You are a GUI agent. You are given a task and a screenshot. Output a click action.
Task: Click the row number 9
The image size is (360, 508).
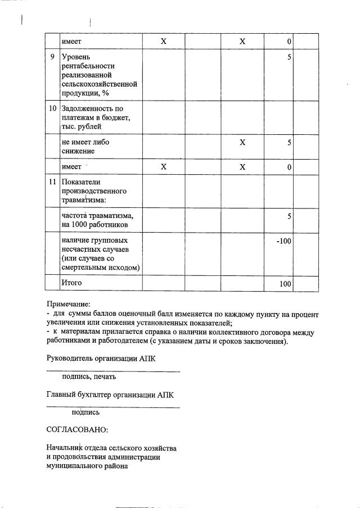tap(52, 57)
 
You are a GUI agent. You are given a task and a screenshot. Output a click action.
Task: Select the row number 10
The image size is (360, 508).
tap(52, 108)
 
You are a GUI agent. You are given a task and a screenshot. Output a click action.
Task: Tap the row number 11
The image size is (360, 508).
tap(52, 182)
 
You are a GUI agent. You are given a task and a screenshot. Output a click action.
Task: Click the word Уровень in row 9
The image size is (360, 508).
tap(76, 57)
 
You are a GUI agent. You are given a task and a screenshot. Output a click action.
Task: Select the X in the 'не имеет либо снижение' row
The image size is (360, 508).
tap(242, 142)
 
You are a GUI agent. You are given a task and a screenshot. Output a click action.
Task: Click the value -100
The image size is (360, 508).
tap(284, 241)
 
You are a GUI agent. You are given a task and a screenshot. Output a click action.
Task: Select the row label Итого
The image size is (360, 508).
tap(72, 283)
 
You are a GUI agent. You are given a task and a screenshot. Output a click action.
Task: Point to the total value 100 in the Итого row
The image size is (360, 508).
tap(285, 284)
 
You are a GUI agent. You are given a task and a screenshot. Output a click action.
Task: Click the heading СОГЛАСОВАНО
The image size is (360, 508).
tap(76, 429)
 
